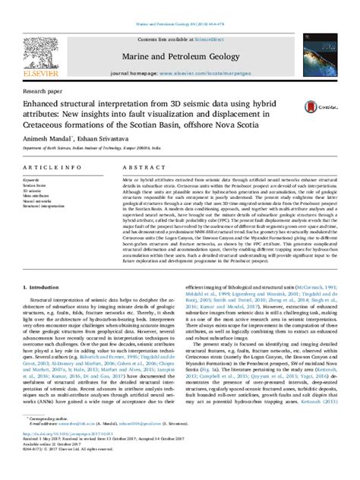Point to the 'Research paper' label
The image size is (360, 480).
coord(44,88)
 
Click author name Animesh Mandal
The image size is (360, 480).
coord(50,139)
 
